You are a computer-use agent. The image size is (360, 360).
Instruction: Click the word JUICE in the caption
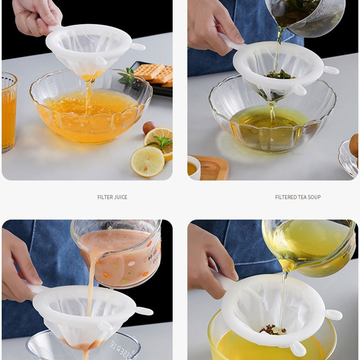120,197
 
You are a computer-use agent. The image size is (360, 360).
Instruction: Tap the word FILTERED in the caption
286,197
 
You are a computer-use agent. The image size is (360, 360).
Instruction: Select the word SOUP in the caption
314,197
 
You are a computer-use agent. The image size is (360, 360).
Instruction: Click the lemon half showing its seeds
147,161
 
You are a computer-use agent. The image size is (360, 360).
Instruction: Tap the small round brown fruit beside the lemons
149,128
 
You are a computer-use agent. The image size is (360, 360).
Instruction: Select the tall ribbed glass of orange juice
9,112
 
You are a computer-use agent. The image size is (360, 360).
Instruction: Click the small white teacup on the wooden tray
194,167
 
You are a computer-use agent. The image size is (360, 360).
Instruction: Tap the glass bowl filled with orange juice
90,112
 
